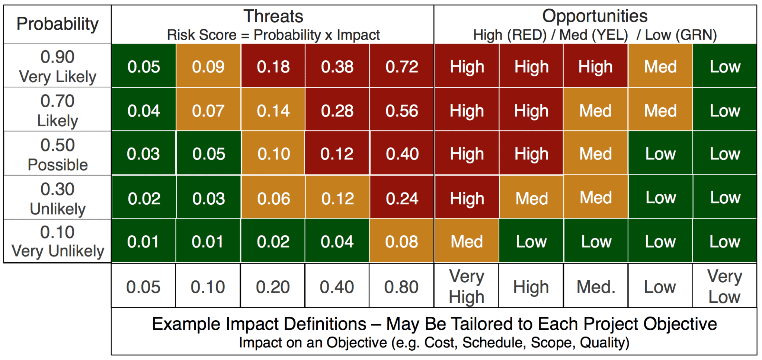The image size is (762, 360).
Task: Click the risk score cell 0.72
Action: [401, 67]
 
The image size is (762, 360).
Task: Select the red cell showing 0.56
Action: [401, 111]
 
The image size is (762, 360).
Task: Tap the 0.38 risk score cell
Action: [337, 67]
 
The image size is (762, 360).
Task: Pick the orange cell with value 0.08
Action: [401, 242]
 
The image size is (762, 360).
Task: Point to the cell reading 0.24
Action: [402, 198]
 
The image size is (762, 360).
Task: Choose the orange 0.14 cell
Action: [273, 111]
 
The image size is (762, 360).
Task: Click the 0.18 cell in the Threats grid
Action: [273, 67]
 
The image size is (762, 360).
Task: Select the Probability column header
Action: [57, 24]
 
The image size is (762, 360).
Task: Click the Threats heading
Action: [273, 16]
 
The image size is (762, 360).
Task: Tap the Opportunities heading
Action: [595, 16]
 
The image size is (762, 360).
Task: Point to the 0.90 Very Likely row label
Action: [57, 66]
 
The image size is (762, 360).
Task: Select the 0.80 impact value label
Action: [401, 287]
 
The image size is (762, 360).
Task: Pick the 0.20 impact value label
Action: [273, 287]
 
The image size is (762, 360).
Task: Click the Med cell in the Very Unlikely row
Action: [467, 242]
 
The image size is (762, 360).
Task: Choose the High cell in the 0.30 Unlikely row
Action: [467, 198]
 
